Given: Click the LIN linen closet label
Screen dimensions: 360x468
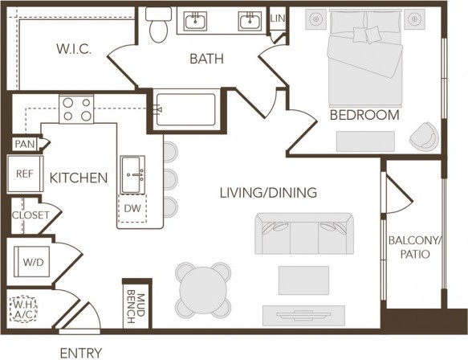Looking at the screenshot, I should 277,18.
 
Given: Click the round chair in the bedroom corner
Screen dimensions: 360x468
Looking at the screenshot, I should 423,136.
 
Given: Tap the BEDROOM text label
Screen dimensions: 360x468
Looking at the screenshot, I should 364,115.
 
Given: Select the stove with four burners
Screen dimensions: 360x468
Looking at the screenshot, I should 76,108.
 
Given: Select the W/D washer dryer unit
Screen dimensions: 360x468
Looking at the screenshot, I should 33,260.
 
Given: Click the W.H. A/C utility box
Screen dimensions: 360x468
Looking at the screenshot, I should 22,309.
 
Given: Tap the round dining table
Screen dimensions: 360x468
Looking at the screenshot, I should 203,288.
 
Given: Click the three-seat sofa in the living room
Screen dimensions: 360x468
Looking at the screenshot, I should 303,235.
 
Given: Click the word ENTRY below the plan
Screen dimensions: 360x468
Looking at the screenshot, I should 80,352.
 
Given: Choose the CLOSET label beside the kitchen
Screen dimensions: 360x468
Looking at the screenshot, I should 31,215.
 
